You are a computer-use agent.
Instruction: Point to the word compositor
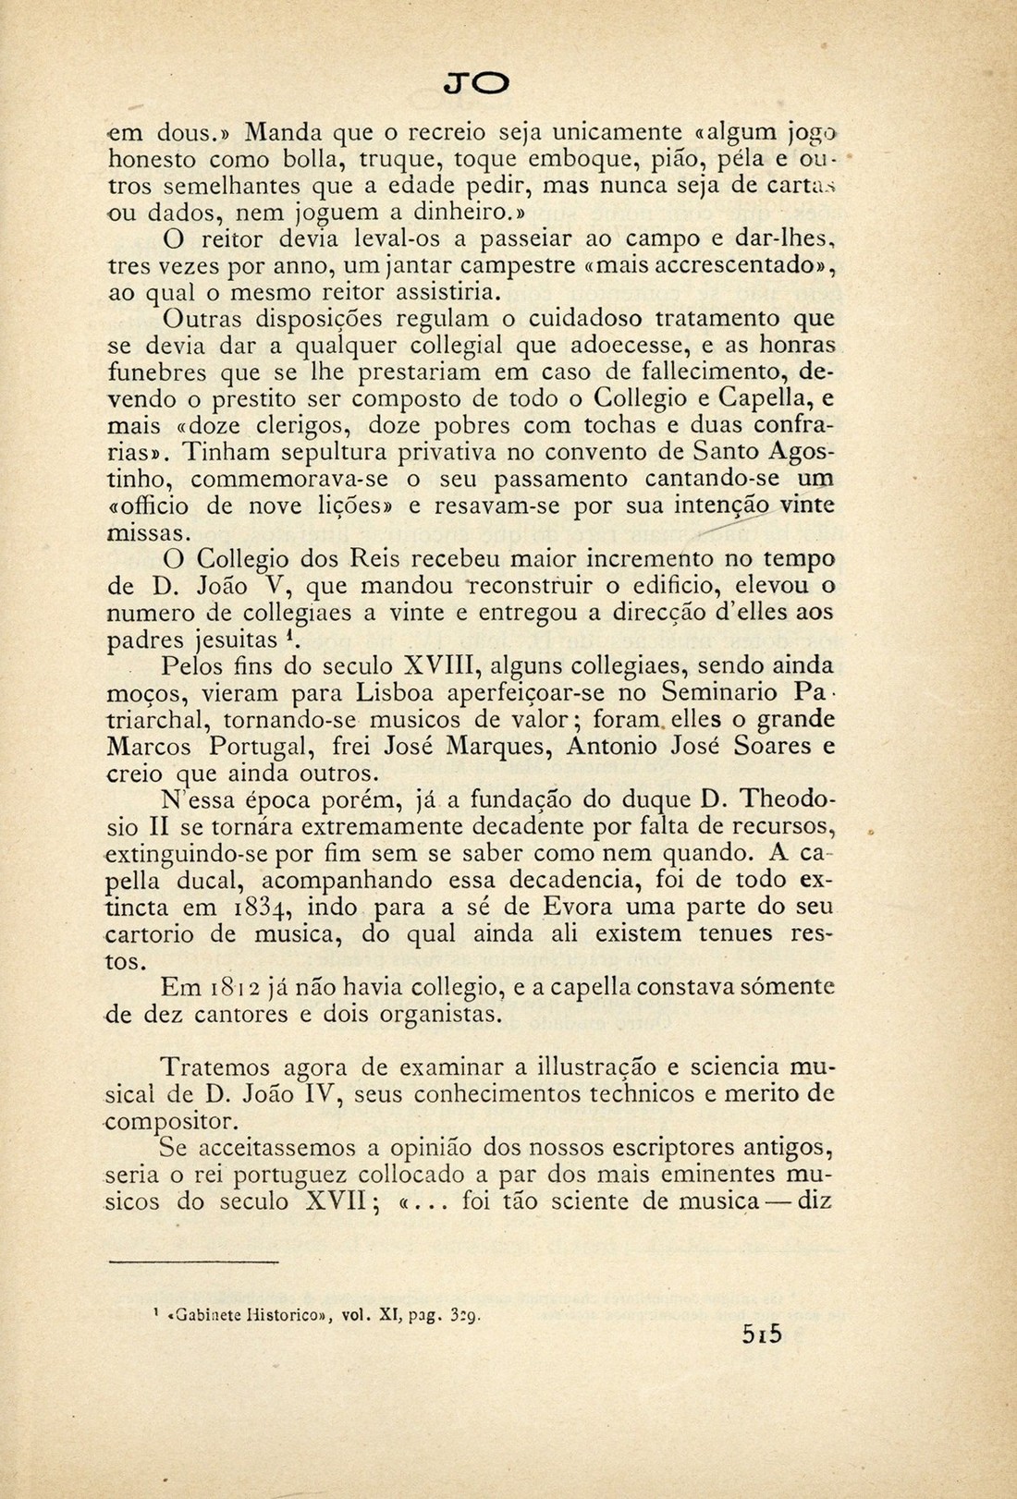tap(172, 1122)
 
